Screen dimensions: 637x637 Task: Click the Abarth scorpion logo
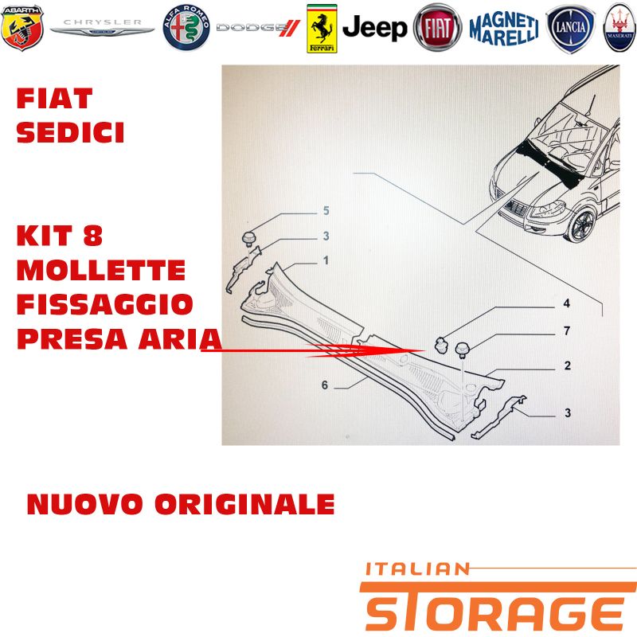(x=22, y=28)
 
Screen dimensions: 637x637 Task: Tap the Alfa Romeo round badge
(x=186, y=28)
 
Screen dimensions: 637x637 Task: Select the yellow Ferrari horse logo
(x=322, y=29)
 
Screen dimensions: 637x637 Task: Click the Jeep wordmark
(x=374, y=28)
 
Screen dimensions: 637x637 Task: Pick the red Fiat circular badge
(x=437, y=27)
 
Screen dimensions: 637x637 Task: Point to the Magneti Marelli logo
(x=504, y=28)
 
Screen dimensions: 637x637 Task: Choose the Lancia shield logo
(x=570, y=29)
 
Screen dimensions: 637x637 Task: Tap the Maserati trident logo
(x=620, y=28)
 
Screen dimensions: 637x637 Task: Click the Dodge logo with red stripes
(x=258, y=28)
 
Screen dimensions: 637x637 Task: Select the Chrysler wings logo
(x=103, y=28)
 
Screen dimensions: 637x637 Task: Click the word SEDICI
(x=70, y=132)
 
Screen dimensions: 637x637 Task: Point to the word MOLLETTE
(x=101, y=270)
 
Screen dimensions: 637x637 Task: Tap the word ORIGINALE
(x=245, y=504)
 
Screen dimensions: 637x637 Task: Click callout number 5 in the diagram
(x=326, y=210)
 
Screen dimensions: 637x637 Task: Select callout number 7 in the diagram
(x=567, y=330)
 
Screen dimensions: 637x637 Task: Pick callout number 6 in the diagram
(x=325, y=385)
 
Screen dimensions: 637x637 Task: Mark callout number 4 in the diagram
(x=566, y=303)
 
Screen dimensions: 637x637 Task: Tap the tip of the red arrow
(x=424, y=350)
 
